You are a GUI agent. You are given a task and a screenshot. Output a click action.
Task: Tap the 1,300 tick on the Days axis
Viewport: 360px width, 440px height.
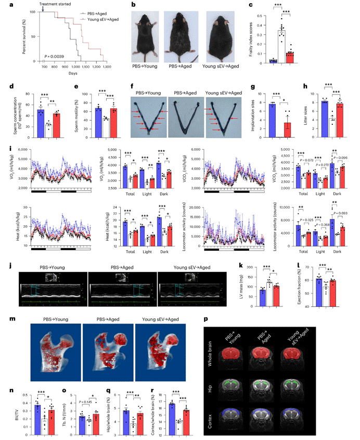[118, 67]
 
